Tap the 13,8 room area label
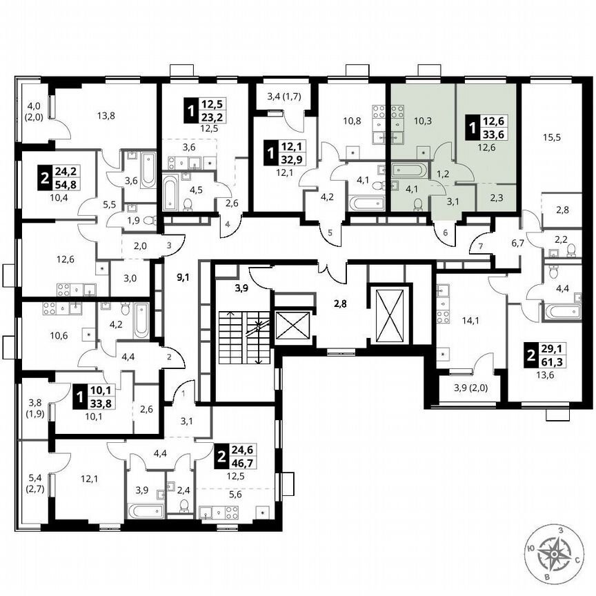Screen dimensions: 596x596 pos(106,116)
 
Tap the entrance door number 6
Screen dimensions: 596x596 pos(446,233)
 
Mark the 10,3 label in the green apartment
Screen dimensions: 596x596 pos(422,121)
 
